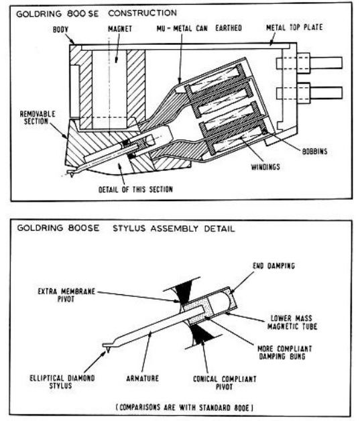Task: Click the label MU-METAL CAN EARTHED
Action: click(x=199, y=28)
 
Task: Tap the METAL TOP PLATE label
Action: click(x=294, y=27)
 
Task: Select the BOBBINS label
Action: click(x=314, y=152)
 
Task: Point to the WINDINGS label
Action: click(x=265, y=167)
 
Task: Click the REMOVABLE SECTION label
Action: click(x=38, y=117)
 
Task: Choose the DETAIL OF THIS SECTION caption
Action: click(x=135, y=190)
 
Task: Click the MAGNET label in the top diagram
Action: click(x=120, y=29)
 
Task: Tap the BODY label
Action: click(x=60, y=29)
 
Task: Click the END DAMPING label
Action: click(x=274, y=266)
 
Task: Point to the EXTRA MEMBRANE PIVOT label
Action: click(x=66, y=295)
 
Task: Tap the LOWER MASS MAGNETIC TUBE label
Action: click(x=292, y=322)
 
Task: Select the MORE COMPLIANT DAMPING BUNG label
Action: click(x=284, y=353)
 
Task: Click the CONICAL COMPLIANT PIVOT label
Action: click(x=225, y=383)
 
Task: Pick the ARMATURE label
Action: click(x=142, y=378)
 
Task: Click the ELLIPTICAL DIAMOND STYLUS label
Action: click(x=62, y=382)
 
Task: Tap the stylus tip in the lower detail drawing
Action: click(x=108, y=351)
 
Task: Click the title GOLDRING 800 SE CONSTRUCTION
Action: click(x=97, y=13)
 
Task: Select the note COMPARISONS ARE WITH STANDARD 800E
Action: click(x=184, y=408)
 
